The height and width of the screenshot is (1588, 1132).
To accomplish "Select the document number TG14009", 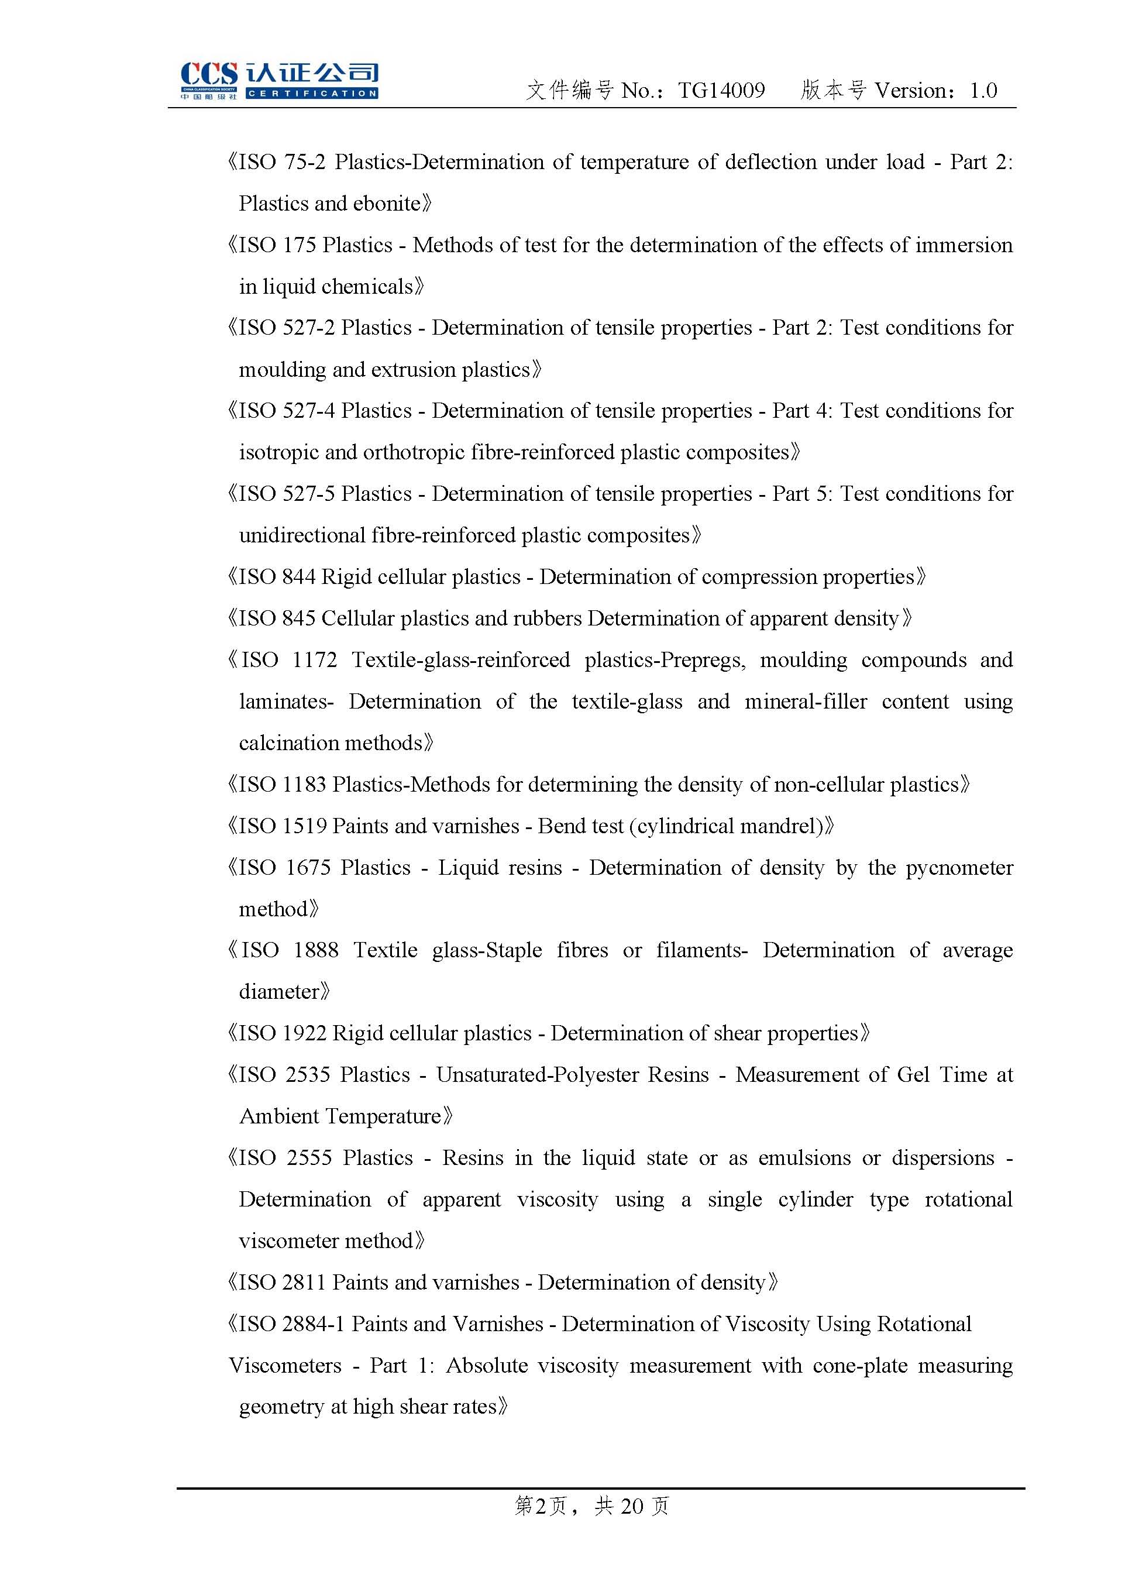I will pos(721,91).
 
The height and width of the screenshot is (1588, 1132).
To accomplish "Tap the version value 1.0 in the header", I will pos(983,91).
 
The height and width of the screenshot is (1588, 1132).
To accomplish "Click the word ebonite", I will pos(387,204).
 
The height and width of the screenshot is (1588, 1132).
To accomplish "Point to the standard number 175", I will pos(299,245).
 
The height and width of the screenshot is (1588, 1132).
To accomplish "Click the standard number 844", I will pos(299,577).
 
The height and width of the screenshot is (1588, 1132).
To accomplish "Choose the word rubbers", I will pos(546,618).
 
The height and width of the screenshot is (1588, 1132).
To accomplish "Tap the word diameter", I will pos(279,992).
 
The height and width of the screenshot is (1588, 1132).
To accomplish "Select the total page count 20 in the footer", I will pos(632,1507).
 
